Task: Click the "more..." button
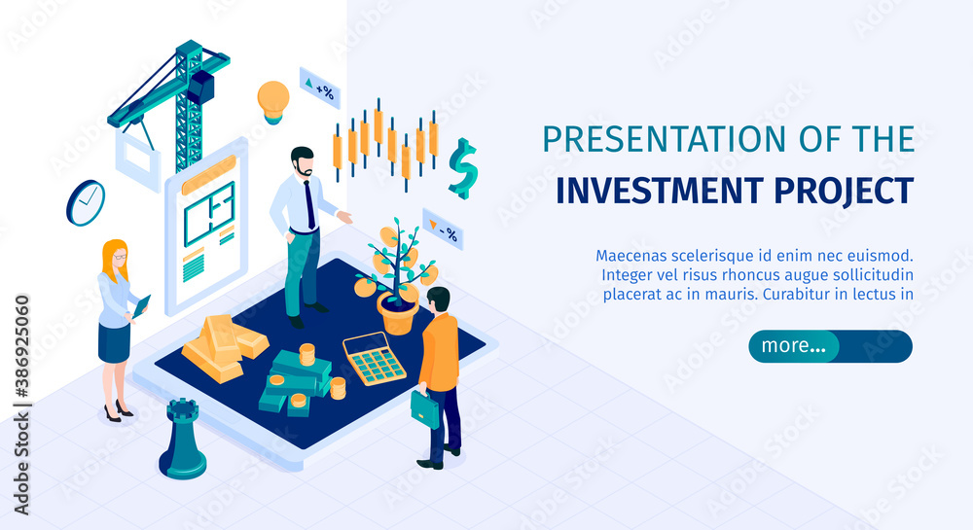coord(830,346)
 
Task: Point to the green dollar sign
coord(463,168)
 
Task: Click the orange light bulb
coord(273,102)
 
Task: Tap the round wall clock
coord(86,202)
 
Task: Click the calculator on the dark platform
coord(375,358)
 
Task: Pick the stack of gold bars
coord(226,346)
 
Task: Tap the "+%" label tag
coord(320,88)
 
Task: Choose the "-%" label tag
coord(443,230)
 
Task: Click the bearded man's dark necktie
coord(309,204)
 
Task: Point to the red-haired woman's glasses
coord(120,256)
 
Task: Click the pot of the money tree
coord(397,313)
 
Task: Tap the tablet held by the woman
coord(141,307)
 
